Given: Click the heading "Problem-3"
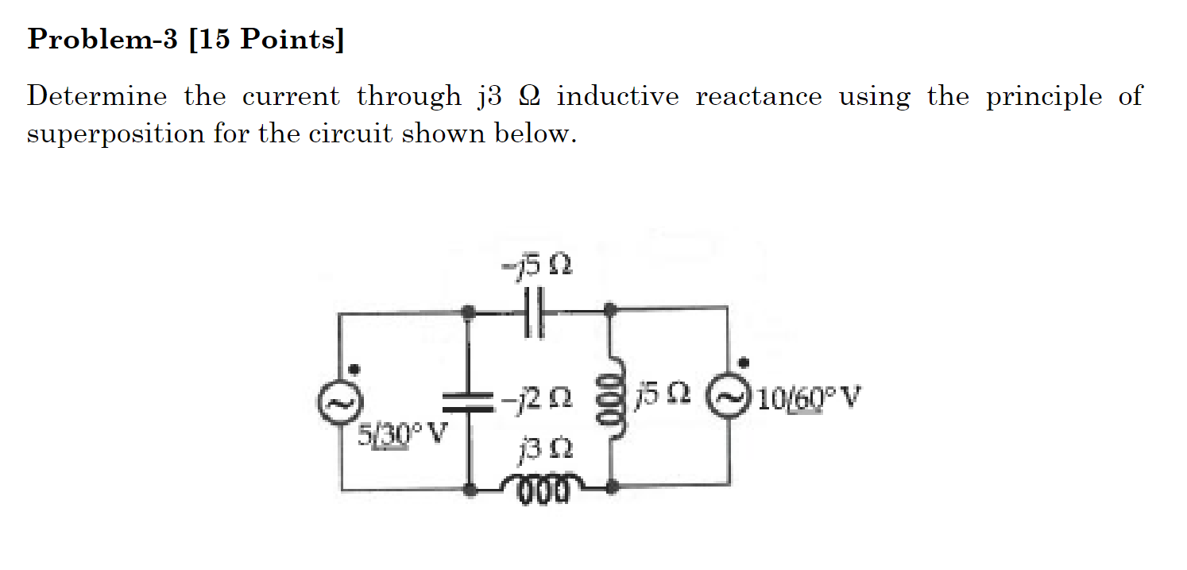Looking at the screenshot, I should click(102, 39).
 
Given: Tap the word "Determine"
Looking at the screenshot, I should click(97, 97).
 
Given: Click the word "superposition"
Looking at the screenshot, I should click(115, 134).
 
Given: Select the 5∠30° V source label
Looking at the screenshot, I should click(401, 434).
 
